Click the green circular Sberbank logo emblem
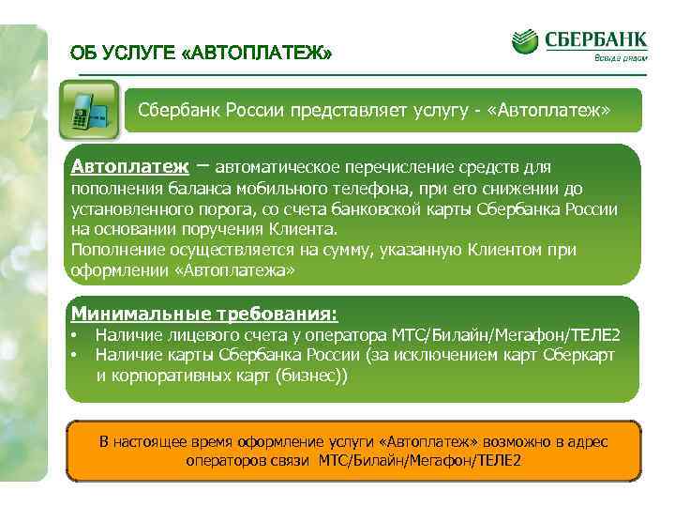pos(526,41)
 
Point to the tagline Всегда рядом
pos(620,59)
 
